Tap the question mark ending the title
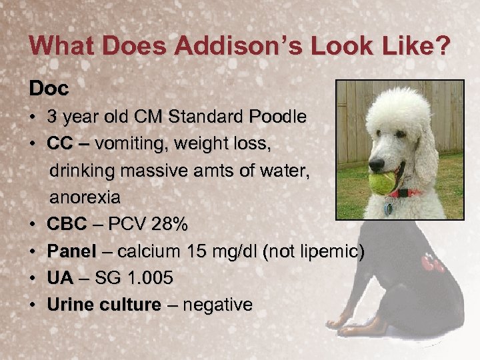443,47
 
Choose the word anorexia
85,197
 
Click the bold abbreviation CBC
67,225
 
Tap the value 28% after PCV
169,225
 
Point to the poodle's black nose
377,163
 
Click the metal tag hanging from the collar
388,207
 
